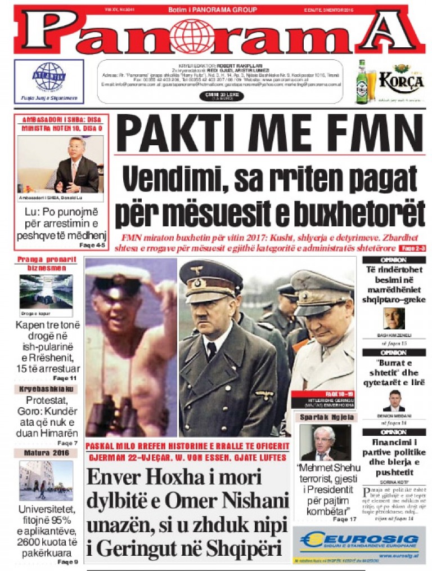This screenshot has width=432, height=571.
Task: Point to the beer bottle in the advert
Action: (x=362, y=82)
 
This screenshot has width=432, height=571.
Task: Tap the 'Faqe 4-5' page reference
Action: (x=92, y=246)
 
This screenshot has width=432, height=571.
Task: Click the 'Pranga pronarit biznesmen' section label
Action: (x=47, y=264)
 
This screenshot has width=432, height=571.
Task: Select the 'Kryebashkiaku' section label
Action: (x=46, y=390)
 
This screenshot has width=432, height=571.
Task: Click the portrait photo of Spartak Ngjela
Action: (x=325, y=443)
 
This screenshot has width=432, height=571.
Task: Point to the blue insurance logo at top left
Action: (x=49, y=77)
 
